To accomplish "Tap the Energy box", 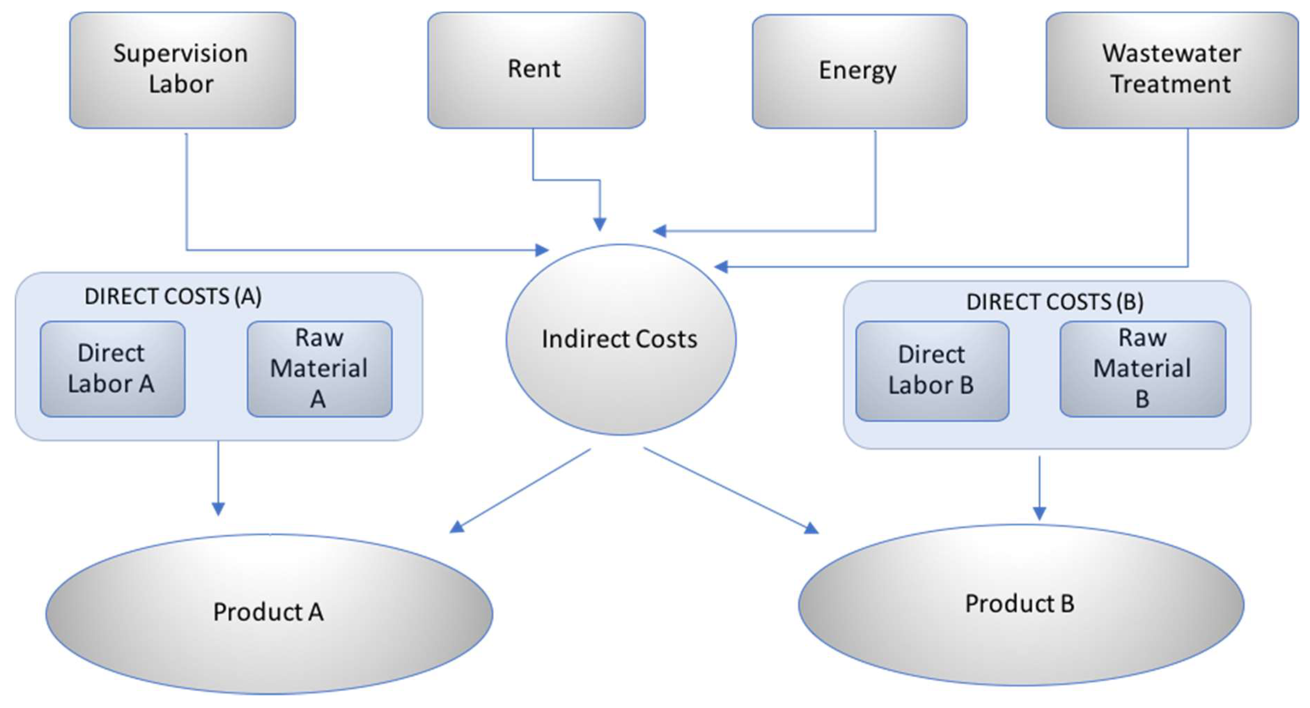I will (859, 71).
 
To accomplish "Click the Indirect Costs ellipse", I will (620, 339).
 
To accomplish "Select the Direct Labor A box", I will (112, 369).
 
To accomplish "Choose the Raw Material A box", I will (319, 369).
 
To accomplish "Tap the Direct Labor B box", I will (932, 371).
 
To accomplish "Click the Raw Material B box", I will (1142, 369).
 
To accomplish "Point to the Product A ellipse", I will (269, 613).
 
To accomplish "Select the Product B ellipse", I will (1021, 604).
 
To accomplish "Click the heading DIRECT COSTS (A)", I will (173, 296).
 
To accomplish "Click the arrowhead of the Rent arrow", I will (600, 224).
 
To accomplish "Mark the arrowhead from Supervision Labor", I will (542, 250).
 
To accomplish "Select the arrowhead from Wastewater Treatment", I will (721, 266).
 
